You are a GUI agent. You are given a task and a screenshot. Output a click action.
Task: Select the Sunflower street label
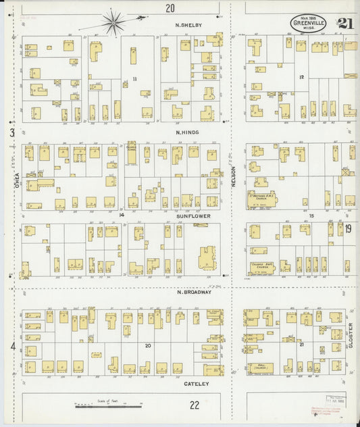click(194, 216)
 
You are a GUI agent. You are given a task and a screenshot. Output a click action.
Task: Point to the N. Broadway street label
click(194, 293)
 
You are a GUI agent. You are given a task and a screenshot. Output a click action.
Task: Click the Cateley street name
click(197, 384)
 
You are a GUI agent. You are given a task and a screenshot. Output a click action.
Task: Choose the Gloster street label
click(351, 335)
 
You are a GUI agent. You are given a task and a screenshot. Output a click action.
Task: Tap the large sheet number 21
click(345, 23)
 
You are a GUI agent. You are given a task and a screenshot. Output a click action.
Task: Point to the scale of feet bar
click(108, 406)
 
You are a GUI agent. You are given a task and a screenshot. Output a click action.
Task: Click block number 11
click(134, 79)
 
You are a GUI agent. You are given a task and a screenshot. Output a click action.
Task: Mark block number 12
click(302, 77)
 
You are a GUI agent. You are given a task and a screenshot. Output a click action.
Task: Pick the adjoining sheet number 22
click(195, 405)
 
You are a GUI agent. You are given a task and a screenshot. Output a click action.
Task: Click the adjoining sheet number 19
click(348, 229)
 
